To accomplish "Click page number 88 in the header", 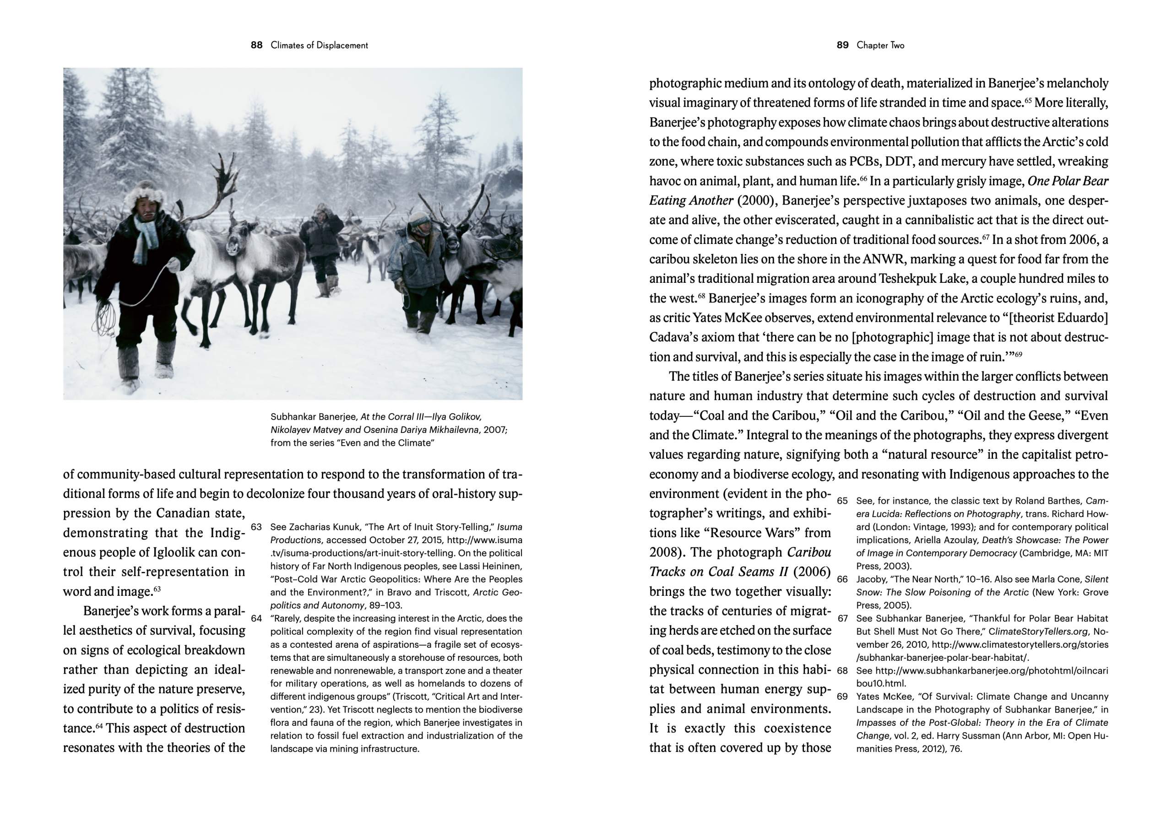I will click(256, 45).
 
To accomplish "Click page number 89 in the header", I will click(842, 45).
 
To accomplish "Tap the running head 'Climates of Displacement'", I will click(320, 45).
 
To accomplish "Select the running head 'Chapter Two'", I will click(880, 45).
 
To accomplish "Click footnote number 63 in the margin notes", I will click(256, 527).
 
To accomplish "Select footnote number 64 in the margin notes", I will click(256, 618).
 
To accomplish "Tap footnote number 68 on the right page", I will click(842, 670).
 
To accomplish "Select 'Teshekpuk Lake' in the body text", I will click(919, 279).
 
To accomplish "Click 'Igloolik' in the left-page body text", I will click(175, 553).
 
